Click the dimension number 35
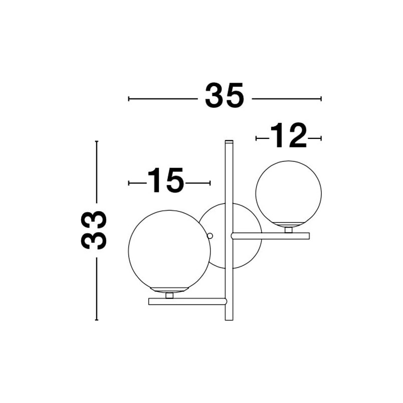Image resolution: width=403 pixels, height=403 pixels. pos(224,95)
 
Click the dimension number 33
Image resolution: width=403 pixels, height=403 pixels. pos(94,230)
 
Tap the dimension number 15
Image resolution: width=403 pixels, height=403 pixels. pos(166,180)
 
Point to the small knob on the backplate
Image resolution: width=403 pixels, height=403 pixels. pos(210,236)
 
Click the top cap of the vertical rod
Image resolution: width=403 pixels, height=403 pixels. pos(229,141)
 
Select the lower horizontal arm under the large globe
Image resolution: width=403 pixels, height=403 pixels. pos(187,301)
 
